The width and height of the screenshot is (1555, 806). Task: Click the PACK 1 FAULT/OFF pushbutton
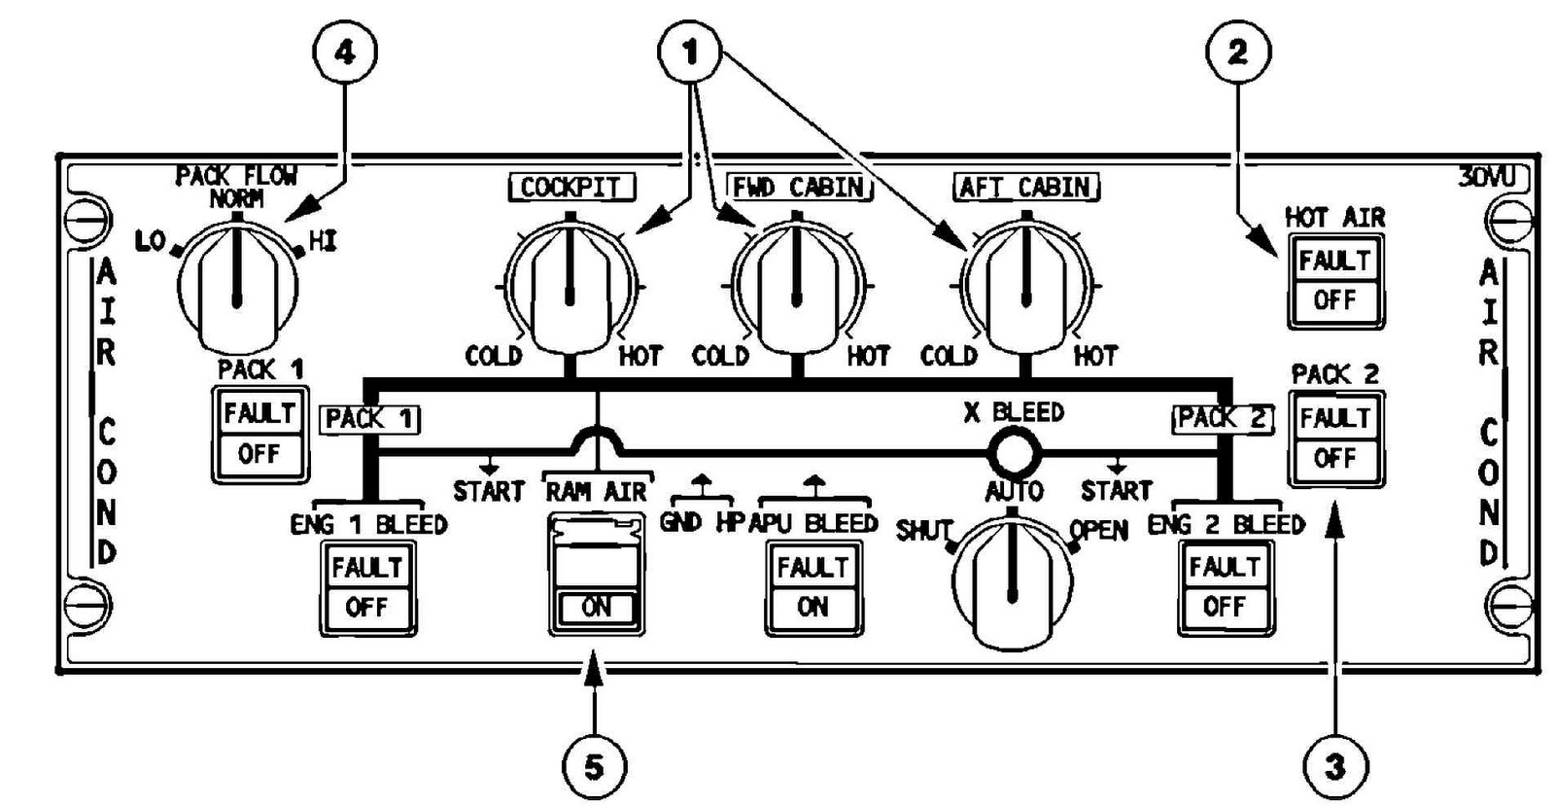(x=259, y=434)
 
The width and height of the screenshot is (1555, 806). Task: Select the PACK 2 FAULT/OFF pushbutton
(x=1335, y=438)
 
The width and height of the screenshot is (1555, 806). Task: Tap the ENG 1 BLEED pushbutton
(x=367, y=587)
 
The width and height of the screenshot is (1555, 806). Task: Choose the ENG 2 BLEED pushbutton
(x=1225, y=587)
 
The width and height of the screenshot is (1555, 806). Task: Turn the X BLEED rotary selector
(x=1013, y=583)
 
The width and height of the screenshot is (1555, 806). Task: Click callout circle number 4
(x=344, y=52)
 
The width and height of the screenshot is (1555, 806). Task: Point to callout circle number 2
(x=1237, y=52)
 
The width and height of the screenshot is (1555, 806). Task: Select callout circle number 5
(x=594, y=767)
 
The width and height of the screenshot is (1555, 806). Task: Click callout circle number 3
(x=1335, y=767)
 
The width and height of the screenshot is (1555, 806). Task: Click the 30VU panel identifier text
(x=1492, y=178)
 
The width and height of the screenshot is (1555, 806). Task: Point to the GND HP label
(x=701, y=522)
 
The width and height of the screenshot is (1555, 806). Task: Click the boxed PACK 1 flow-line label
(x=369, y=419)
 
